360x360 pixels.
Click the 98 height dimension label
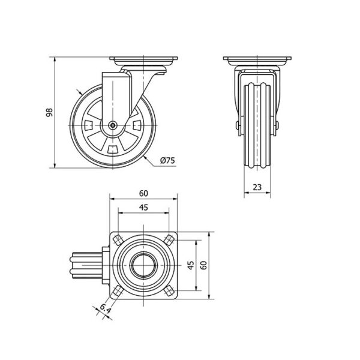[x=49, y=112]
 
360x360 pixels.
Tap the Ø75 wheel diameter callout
[x=167, y=160]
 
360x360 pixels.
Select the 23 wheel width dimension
[x=257, y=187]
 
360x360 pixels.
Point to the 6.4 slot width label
[x=106, y=309]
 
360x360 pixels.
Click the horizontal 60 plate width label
[x=143, y=194]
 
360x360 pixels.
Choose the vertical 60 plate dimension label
[x=203, y=265]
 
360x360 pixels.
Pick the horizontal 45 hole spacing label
[x=143, y=208]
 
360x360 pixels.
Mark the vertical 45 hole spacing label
[x=191, y=265]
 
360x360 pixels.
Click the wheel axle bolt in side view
[x=113, y=125]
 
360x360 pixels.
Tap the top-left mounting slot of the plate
[x=118, y=240]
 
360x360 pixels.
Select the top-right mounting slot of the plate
[x=169, y=240]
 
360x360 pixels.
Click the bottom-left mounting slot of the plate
[x=118, y=291]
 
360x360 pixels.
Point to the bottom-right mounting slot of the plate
[x=169, y=291]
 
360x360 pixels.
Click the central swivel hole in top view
[x=144, y=265]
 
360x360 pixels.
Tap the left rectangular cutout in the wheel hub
[x=89, y=125]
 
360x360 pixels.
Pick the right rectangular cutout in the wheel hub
[x=137, y=125]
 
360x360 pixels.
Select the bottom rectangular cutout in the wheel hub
[x=113, y=149]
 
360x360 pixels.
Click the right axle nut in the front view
[x=277, y=125]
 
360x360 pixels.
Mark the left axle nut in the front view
[x=238, y=125]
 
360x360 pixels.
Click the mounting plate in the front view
[x=257, y=61]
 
